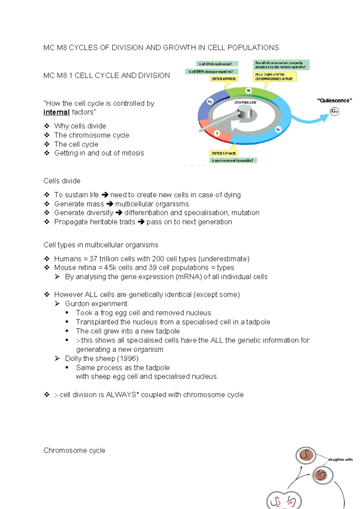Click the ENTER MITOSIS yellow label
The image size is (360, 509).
tap(224, 79)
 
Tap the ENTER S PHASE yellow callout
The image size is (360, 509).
tap(224, 153)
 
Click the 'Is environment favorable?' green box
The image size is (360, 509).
tap(233, 161)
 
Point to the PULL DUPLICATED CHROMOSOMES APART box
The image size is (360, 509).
tap(274, 77)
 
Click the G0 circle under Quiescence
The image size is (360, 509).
tap(334, 111)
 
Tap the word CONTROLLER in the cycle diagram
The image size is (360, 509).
tap(245, 102)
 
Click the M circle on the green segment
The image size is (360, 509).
tap(248, 91)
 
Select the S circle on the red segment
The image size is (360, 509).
tap(217, 133)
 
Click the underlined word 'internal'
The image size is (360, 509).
tap(56, 112)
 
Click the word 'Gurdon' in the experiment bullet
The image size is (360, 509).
tap(75, 304)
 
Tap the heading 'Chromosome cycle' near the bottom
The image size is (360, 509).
tap(74, 450)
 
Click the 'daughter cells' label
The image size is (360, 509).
tap(340, 459)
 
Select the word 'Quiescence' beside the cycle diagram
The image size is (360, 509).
tap(334, 101)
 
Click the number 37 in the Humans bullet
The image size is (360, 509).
tap(93, 259)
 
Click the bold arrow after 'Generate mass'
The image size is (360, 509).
tap(109, 204)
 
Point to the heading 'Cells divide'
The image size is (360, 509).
tap(62, 181)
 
